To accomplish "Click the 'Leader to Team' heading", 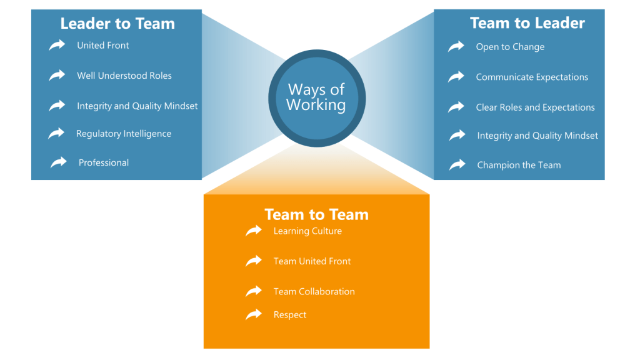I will [x=117, y=24].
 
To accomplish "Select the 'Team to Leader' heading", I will [x=527, y=24].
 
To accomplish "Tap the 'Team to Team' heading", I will [x=316, y=214].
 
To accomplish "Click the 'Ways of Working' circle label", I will [x=316, y=97].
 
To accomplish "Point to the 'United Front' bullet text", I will [x=103, y=46].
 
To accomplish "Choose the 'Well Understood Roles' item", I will [x=124, y=76].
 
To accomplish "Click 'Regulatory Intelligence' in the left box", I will [x=124, y=134].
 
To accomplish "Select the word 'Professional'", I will [x=104, y=162].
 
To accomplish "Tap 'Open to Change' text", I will [x=510, y=47].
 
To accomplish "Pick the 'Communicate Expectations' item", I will [x=532, y=77].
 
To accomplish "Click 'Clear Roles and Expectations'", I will [x=535, y=107].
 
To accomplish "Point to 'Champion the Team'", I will [x=519, y=166].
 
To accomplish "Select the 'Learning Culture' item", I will [x=307, y=231].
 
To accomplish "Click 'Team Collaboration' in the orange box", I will [x=314, y=292].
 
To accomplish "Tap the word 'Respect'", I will [x=290, y=315].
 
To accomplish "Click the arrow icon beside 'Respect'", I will [x=254, y=314].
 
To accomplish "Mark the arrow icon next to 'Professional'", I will [x=59, y=162].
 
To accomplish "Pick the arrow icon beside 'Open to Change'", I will [x=456, y=46].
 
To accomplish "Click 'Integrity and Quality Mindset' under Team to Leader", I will [x=537, y=136].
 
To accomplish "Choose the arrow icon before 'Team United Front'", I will [x=254, y=261].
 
